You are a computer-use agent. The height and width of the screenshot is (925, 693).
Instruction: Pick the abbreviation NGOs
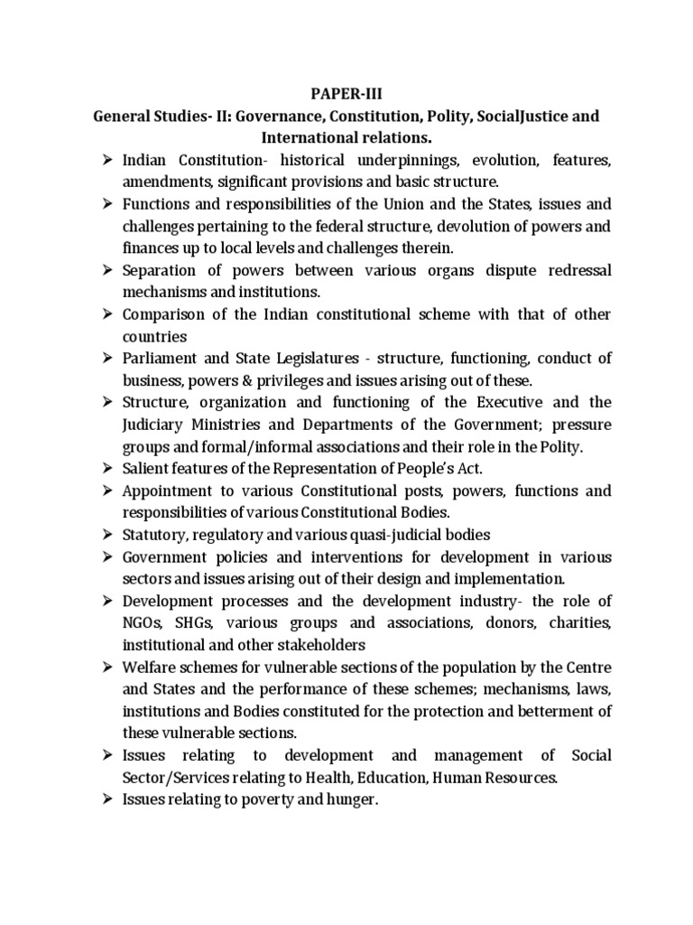coord(143,622)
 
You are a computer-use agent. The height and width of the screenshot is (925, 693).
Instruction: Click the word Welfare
coord(149,667)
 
